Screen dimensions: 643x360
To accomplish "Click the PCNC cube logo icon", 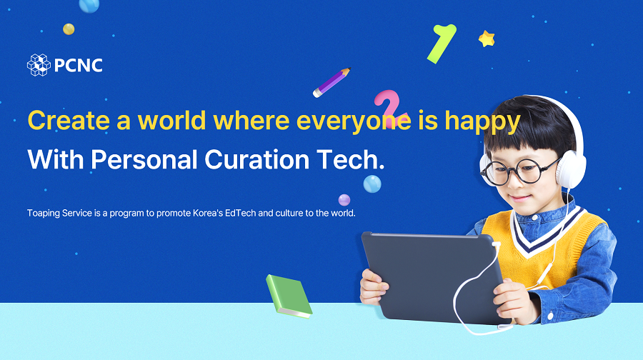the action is (39, 65).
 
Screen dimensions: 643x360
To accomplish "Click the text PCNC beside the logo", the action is (78, 66).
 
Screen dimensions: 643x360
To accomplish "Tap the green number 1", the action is (442, 44).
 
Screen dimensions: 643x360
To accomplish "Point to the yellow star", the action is (487, 39).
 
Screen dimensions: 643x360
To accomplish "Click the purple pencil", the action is (332, 82).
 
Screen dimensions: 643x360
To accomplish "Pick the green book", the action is (289, 296).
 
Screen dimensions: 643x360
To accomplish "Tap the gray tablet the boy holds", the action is (434, 276).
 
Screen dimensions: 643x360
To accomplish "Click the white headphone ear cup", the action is (572, 169).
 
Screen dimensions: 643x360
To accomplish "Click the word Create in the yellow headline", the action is (69, 121).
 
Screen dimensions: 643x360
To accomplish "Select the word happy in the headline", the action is (483, 122).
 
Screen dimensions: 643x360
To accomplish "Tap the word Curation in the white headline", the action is (256, 159).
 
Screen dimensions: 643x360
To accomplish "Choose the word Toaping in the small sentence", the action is (43, 214).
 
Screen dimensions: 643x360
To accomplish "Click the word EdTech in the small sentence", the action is (240, 213).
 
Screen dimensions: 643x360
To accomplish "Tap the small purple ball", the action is (344, 200).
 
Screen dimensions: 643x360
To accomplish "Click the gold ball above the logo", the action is (69, 29).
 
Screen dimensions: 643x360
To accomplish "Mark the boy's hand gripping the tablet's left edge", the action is (373, 287).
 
